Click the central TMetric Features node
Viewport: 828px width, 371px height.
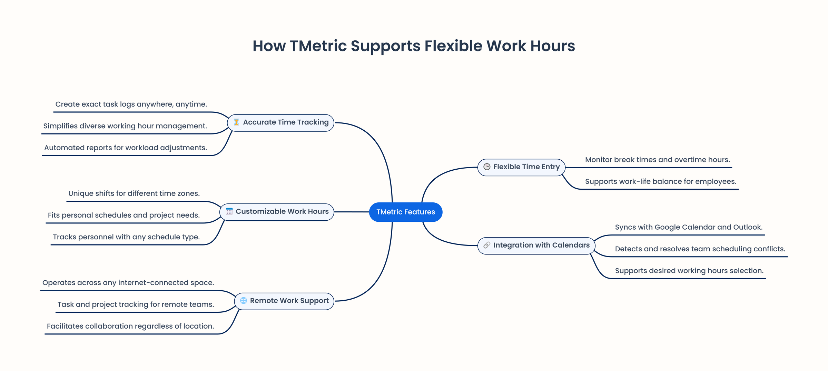coord(405,212)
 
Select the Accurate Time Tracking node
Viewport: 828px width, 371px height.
coord(280,123)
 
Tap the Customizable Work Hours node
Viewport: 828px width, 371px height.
coord(277,212)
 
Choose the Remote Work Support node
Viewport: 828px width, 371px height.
coord(284,301)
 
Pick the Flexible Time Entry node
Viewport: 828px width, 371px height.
coord(521,167)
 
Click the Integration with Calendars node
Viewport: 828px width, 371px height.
coord(536,245)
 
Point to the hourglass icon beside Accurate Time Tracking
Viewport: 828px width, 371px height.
coord(236,122)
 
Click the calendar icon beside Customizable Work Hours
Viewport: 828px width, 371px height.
coord(229,211)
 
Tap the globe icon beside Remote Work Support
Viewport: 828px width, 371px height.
coord(244,301)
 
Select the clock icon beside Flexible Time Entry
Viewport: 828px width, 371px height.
coord(487,167)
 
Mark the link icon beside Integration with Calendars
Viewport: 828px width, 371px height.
coord(487,245)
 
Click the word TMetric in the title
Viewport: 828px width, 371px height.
coord(318,46)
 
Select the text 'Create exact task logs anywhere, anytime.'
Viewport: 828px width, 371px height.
coord(131,104)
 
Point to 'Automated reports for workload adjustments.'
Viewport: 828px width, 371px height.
coord(126,148)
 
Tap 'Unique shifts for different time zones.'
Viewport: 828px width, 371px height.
coord(134,193)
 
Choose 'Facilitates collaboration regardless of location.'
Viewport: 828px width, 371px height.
coord(130,326)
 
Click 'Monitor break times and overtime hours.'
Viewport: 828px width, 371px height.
coord(657,160)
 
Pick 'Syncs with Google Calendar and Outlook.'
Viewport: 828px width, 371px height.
coord(689,227)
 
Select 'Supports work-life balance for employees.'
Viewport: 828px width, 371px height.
coord(661,181)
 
